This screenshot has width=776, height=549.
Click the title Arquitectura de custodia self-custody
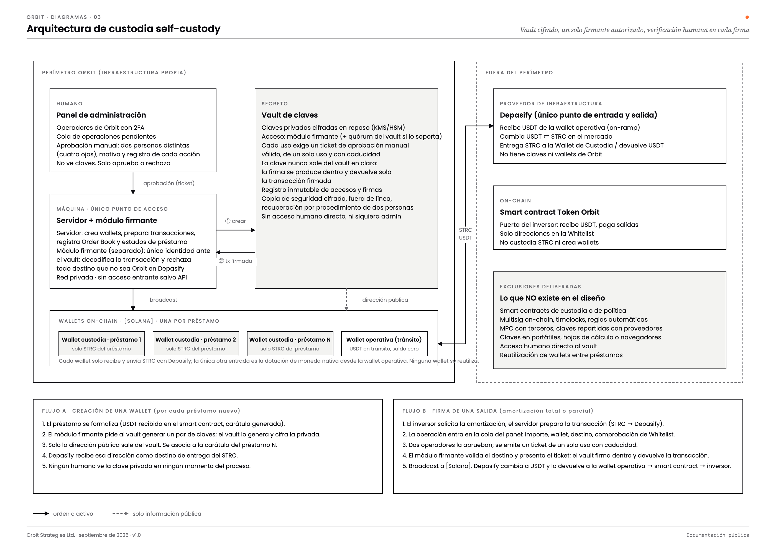123,29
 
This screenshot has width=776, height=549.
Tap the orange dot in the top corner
747,17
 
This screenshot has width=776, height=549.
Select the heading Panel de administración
101,115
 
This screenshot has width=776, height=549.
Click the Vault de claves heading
290,115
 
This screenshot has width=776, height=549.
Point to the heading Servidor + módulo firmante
107,220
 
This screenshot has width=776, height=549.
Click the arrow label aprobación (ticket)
169,183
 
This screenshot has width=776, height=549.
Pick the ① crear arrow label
236,221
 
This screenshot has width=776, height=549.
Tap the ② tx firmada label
236,261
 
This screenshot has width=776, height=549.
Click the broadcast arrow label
164,300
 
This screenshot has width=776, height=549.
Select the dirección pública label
385,300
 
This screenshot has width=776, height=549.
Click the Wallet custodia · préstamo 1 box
102,344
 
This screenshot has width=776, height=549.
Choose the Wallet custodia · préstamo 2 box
196,344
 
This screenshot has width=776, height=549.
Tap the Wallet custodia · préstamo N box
290,344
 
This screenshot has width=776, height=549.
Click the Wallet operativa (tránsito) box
384,344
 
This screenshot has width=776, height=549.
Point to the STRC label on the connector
465,230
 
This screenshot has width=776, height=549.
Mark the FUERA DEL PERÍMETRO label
519,73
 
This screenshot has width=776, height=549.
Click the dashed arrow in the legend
120,514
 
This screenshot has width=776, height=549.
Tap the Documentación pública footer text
718,535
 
